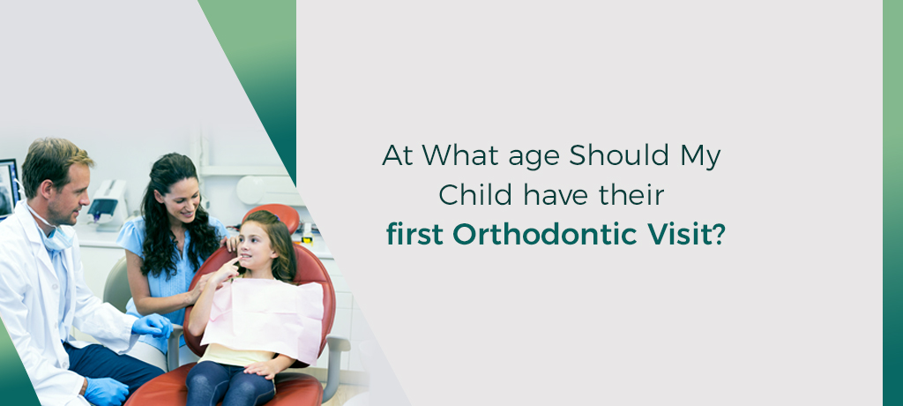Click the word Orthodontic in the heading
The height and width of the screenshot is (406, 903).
(x=545, y=234)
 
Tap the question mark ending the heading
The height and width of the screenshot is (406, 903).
(x=719, y=234)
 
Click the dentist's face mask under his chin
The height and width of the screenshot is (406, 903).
(x=56, y=236)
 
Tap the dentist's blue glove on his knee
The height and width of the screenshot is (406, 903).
(x=107, y=390)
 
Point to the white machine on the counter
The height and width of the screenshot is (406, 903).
(x=108, y=202)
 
